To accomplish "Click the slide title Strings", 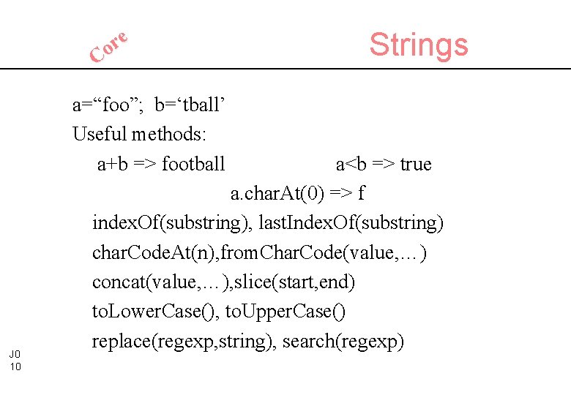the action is click(x=418, y=45).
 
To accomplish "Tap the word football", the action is click(x=193, y=165).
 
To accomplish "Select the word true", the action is click(x=415, y=165).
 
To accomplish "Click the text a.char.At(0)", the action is click(x=277, y=194).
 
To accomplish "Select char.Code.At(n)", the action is click(x=143, y=253).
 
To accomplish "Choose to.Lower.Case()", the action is click(x=155, y=312).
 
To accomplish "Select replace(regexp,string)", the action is click(x=182, y=341).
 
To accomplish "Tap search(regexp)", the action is click(x=343, y=341).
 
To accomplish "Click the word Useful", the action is click(x=100, y=135).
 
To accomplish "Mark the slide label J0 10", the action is click(x=15, y=360).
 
